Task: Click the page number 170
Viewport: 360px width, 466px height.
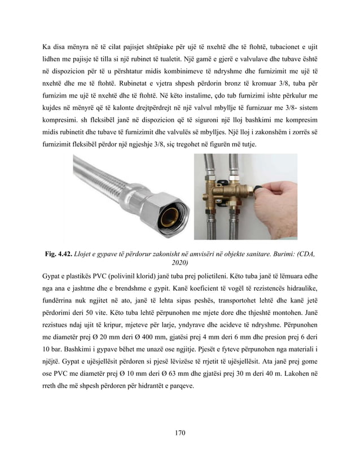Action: click(180, 433)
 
